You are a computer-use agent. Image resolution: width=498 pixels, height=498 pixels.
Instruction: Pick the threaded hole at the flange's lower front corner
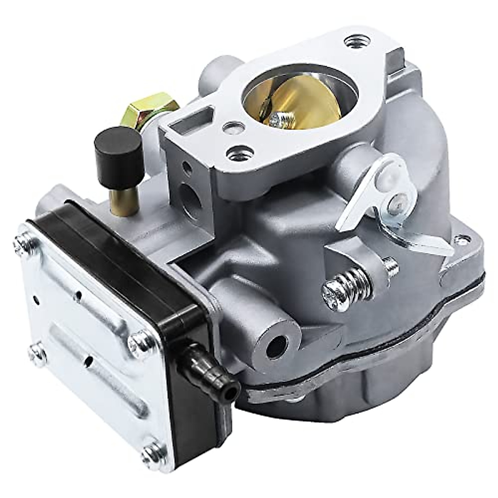(x=236, y=155)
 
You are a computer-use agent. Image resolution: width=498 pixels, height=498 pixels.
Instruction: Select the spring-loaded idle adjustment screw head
(x=334, y=289)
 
